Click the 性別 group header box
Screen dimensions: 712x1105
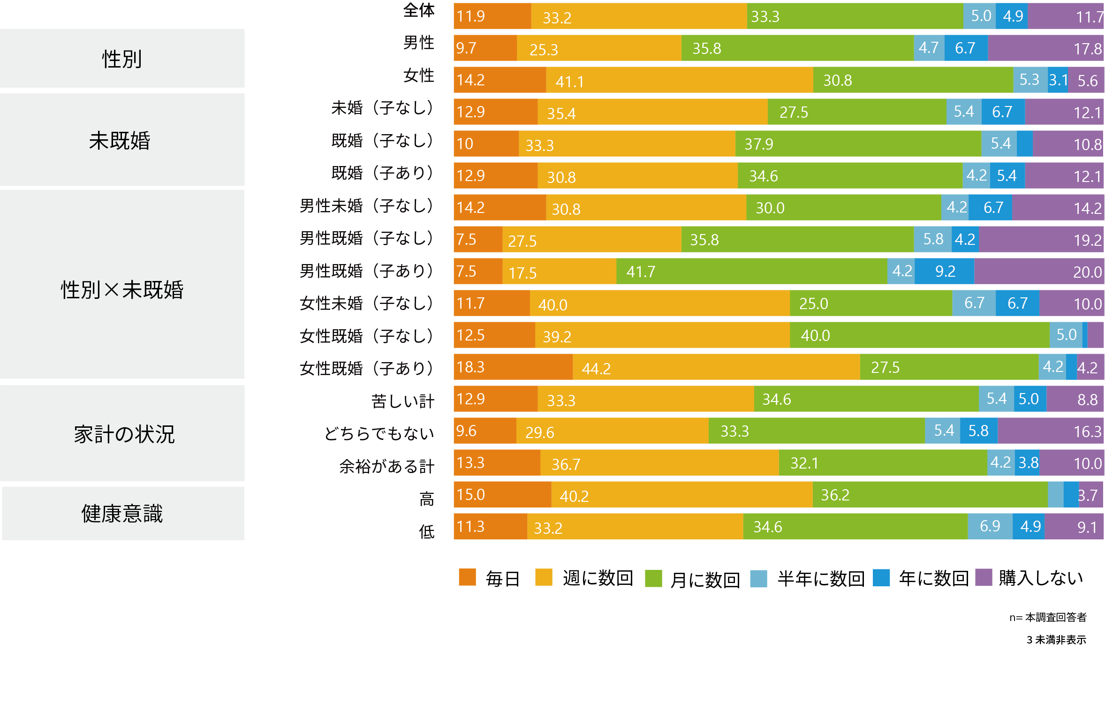coord(122,58)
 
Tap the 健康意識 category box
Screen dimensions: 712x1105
coord(123,513)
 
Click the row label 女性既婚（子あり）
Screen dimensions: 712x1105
coord(366,368)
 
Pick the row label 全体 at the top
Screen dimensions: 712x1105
coord(419,10)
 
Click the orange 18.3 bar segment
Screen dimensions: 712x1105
coord(513,367)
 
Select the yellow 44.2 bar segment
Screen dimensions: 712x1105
coord(716,367)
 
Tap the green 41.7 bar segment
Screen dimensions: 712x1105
coord(751,271)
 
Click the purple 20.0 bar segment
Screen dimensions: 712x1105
coord(1039,271)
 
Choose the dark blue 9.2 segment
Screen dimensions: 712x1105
coord(944,271)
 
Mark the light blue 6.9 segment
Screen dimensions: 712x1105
coord(990,526)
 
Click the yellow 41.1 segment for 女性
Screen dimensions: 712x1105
coord(679,80)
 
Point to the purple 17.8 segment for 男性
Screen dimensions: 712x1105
coord(1046,48)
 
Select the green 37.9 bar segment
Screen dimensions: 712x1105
coord(858,144)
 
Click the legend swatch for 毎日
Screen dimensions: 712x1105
coord(467,577)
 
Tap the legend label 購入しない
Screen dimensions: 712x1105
coord(1041,578)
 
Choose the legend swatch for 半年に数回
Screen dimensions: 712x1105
coord(758,578)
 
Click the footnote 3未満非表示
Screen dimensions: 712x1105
coord(1056,640)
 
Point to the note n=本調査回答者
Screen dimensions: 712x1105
coord(1048,617)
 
